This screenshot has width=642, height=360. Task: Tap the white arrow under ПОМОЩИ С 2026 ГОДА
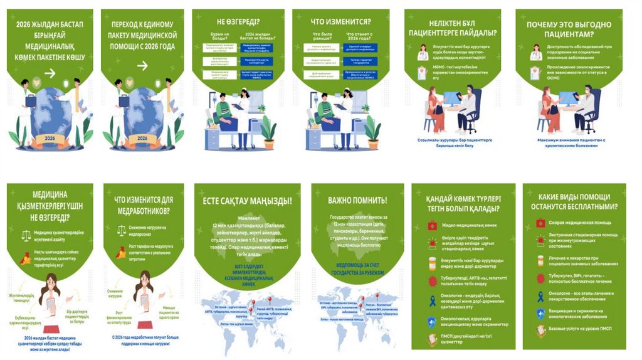142,65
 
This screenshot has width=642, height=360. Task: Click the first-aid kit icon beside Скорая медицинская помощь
540,223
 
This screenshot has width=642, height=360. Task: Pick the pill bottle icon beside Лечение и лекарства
540,259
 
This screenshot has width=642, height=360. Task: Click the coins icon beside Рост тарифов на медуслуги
122,253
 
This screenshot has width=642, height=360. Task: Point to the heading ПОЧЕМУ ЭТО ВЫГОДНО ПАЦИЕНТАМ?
570,29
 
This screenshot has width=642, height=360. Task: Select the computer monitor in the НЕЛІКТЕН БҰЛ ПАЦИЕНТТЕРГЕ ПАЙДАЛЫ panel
453,99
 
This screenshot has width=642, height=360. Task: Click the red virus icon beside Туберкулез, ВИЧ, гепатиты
540,278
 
